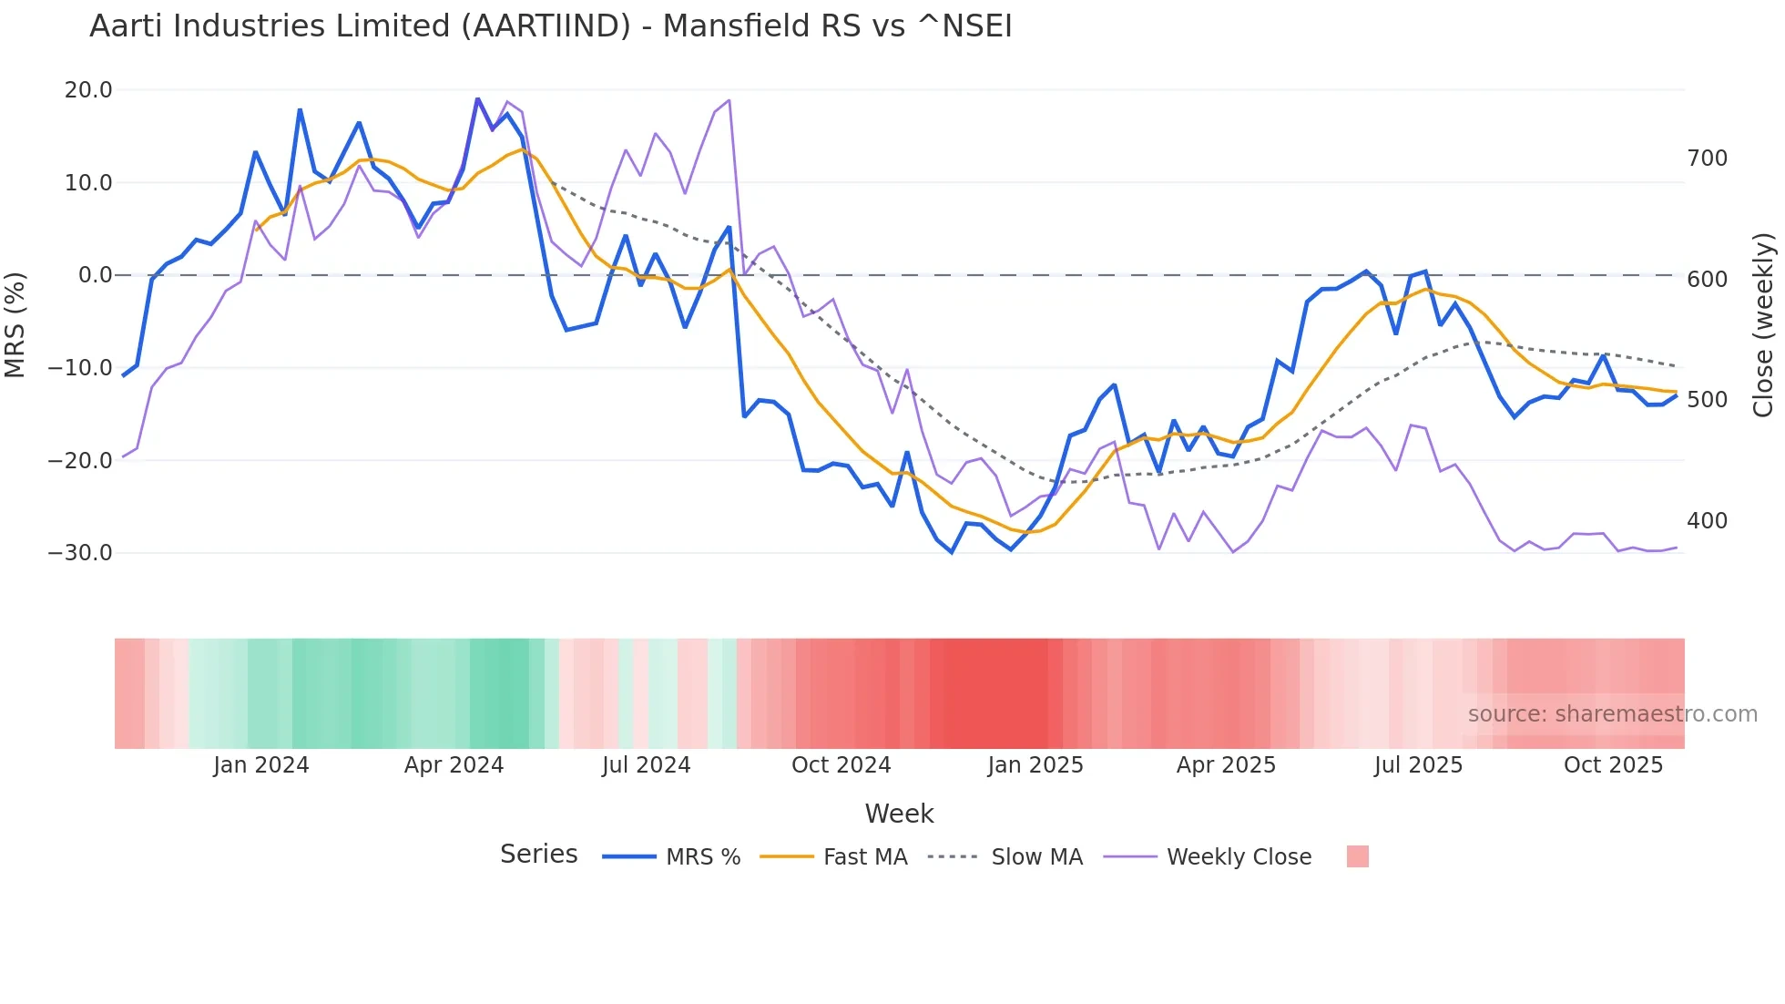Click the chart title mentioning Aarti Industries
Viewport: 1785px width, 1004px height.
coord(550,26)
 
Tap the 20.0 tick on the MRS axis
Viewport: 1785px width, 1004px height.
coord(88,89)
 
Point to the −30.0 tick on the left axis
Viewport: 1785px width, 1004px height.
coord(80,552)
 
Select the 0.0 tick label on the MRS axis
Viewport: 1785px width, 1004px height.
coord(95,274)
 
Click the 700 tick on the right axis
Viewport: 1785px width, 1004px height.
coord(1707,159)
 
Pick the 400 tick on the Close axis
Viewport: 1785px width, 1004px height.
coord(1707,521)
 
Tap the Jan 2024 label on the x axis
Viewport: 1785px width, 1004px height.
coord(261,764)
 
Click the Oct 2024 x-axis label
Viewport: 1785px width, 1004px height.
coord(841,764)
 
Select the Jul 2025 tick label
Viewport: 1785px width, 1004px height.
coord(1418,764)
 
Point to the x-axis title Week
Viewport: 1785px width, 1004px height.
coord(899,814)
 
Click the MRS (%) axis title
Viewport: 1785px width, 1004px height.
coord(15,324)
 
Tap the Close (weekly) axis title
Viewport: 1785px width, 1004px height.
coord(1763,324)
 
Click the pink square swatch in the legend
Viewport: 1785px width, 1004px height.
coord(1357,856)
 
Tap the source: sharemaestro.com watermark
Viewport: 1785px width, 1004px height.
coord(1612,714)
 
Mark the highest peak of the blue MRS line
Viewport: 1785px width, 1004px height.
coord(477,98)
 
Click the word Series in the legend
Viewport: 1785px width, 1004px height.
coord(538,855)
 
